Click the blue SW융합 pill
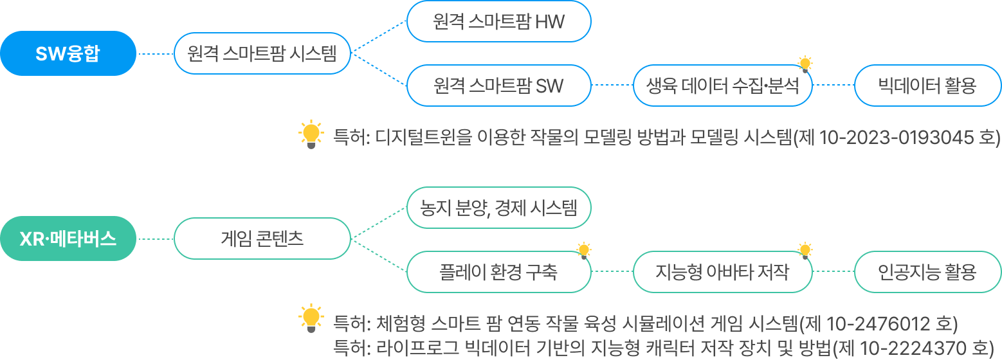[68, 53]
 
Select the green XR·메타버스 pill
[68, 239]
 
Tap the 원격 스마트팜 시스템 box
[262, 53]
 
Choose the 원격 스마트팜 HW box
[498, 22]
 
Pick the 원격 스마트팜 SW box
[498, 85]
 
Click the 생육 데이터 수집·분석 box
[722, 85]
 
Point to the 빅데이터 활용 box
[927, 85]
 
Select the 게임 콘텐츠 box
[262, 239]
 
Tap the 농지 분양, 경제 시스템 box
[498, 208]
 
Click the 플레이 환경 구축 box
[498, 271]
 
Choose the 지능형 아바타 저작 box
[722, 271]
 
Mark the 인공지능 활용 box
[927, 271]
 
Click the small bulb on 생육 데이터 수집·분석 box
[805, 64]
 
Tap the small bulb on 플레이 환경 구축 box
[583, 249]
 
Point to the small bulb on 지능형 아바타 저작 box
[805, 249]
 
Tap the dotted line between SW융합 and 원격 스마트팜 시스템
[155, 54]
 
